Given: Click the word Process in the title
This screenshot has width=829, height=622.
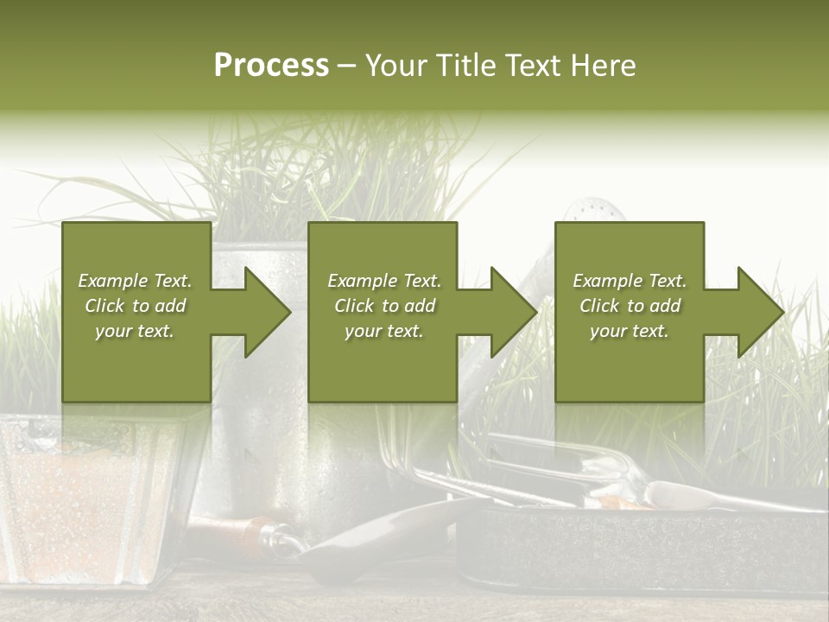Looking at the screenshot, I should point(271,66).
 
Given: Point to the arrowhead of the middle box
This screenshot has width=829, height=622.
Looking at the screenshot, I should point(512,312).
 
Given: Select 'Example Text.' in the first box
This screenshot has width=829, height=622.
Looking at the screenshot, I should point(135,281).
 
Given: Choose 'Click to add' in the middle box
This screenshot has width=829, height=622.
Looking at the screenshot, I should point(384,306).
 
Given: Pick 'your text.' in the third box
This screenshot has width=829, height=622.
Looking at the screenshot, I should point(630,331).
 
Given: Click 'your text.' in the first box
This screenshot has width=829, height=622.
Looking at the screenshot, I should point(135,331).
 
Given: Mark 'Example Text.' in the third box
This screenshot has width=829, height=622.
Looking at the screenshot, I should point(630,281).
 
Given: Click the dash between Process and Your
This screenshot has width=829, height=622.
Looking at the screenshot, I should point(346,66).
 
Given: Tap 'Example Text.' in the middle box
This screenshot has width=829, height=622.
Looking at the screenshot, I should point(384,281).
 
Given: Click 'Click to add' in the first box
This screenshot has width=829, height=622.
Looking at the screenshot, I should point(135,306).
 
